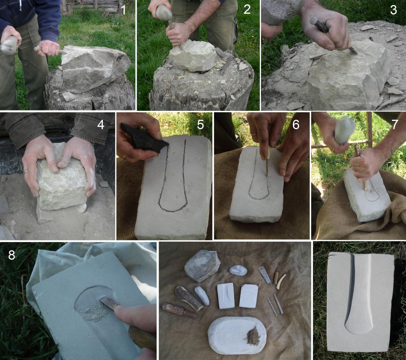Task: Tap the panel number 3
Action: point(394,9)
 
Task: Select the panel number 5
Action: point(200,124)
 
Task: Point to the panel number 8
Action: point(12,255)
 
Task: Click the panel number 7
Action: point(394,124)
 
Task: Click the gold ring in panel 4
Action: point(26,172)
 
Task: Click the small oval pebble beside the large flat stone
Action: point(238,270)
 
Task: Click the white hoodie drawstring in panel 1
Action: point(20,5)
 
